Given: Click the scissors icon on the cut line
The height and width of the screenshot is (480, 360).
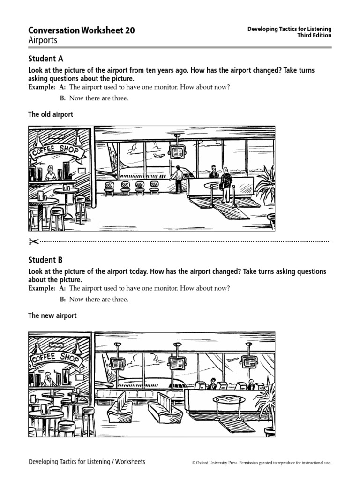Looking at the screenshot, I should [x=33, y=241].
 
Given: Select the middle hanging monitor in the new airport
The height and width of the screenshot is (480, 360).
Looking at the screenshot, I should [x=177, y=362].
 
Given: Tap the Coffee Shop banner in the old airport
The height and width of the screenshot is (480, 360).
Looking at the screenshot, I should [x=57, y=151].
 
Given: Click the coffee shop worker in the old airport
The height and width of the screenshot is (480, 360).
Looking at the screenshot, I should [x=50, y=174].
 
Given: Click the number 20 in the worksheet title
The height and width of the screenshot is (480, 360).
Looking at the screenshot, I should [x=130, y=30].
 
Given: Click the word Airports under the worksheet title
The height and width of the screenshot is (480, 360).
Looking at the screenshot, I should [x=43, y=40].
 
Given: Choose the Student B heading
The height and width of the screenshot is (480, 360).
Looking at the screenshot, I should [x=45, y=260].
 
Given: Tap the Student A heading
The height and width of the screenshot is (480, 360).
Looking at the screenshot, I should [x=45, y=59].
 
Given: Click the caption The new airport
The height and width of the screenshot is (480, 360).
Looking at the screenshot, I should [x=52, y=316].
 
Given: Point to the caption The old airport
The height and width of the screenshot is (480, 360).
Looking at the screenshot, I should [x=51, y=114].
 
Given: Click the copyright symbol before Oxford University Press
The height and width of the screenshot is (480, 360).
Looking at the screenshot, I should [x=194, y=463].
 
